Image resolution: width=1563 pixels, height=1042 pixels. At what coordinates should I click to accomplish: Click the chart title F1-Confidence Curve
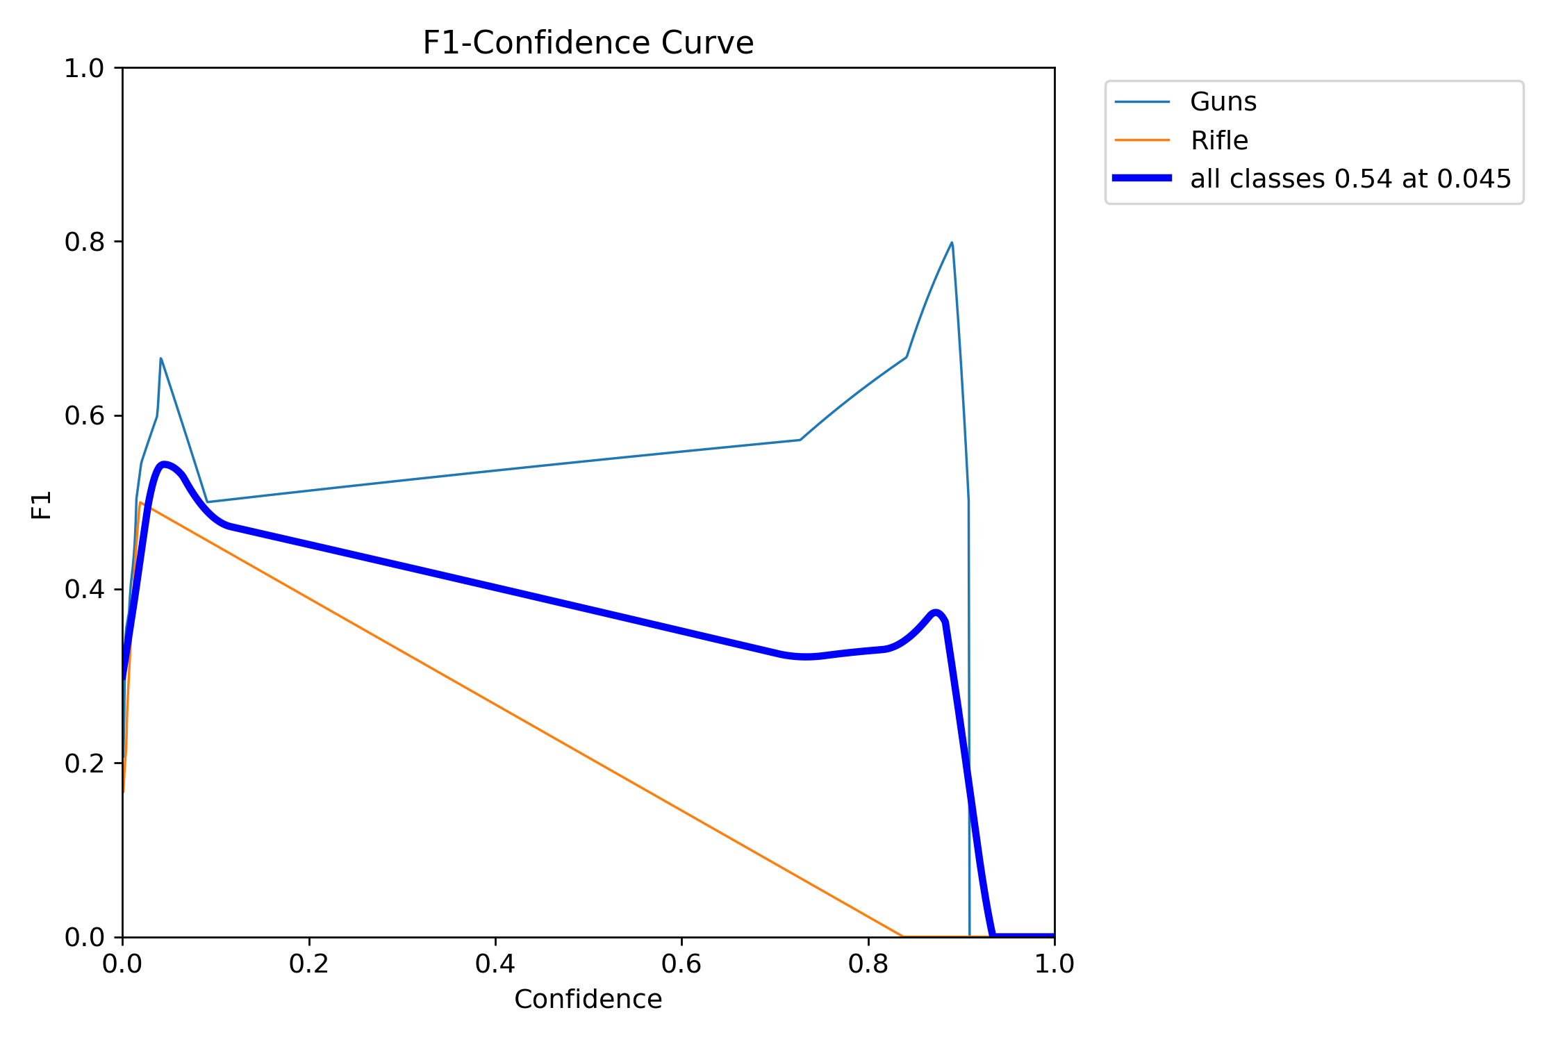[x=588, y=43]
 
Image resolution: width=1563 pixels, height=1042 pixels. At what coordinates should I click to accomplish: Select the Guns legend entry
[x=1223, y=102]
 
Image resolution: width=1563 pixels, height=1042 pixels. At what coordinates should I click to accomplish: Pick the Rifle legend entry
[x=1218, y=141]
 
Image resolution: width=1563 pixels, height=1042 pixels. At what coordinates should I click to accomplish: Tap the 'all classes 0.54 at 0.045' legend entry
[x=1350, y=179]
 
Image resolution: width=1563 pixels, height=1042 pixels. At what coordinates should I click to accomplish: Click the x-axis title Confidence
[x=588, y=999]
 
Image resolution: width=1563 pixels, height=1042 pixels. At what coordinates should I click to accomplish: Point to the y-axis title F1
[x=42, y=505]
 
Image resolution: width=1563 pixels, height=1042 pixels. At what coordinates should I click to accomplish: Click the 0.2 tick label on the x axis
[x=308, y=964]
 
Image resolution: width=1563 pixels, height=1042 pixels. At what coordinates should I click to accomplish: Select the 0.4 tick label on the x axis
[x=495, y=964]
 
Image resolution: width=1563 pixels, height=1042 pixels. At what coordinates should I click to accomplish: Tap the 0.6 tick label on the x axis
[x=681, y=964]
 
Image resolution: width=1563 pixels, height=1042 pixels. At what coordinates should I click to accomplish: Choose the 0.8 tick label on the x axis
[x=868, y=964]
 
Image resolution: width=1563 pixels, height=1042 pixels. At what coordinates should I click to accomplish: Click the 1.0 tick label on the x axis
[x=1054, y=964]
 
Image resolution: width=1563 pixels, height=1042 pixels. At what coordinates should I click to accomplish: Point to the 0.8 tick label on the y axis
[x=84, y=242]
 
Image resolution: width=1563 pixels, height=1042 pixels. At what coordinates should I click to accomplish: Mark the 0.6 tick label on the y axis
[x=84, y=415]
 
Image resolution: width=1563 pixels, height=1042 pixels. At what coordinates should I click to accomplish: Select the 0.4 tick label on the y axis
[x=84, y=589]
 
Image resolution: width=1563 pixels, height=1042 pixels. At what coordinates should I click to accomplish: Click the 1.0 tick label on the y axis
[x=84, y=68]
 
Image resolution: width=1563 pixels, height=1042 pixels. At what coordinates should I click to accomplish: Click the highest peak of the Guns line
[x=952, y=243]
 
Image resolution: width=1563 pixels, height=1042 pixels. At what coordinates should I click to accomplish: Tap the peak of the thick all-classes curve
[x=164, y=464]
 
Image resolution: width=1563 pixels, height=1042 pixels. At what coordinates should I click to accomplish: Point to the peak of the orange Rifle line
[x=140, y=502]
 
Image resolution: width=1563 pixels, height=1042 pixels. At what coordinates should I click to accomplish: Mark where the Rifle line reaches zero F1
[x=902, y=936]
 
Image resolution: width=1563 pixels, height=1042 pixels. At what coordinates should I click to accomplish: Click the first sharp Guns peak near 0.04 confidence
[x=161, y=358]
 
